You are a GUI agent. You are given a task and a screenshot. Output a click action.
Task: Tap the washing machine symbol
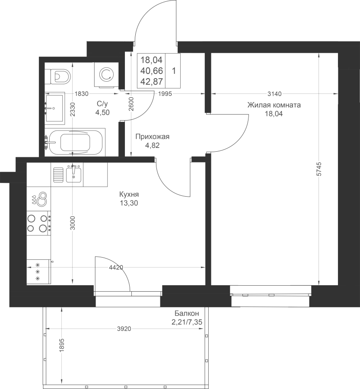tap(106, 75)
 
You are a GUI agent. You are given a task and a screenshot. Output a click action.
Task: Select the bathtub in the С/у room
tap(75, 142)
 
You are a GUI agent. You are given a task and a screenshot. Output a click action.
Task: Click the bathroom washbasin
tap(55, 108)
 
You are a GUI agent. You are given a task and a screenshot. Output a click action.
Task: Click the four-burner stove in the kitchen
tap(39, 223)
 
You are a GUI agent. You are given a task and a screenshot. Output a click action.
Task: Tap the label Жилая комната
tap(274, 105)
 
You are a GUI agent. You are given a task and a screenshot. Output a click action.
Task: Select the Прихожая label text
tap(152, 137)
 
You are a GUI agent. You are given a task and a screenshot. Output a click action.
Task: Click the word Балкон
tap(187, 313)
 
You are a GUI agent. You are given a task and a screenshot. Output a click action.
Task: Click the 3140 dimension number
tap(275, 94)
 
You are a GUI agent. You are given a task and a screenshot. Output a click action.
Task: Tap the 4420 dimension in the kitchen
tap(116, 268)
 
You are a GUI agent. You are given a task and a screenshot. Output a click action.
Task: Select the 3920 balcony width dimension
tap(124, 329)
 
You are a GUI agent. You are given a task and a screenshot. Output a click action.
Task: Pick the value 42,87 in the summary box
tap(151, 81)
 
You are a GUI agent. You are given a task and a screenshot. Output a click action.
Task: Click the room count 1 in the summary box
tap(174, 71)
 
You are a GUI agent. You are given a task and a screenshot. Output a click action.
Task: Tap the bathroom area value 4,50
tap(102, 112)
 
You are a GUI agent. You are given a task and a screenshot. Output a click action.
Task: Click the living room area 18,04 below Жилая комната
tap(274, 114)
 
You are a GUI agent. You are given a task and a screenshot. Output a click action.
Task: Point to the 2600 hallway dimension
tap(131, 104)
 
